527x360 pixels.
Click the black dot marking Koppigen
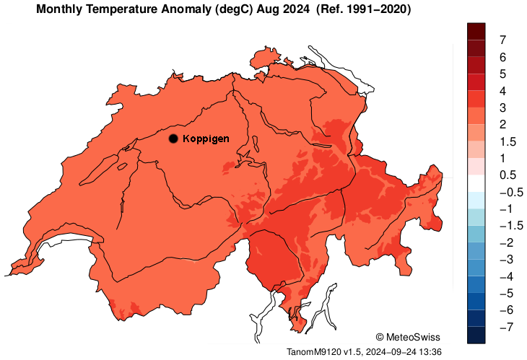pyautogui.click(x=173, y=139)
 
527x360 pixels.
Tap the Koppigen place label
pyautogui.click(x=206, y=139)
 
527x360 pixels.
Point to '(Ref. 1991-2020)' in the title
pyautogui.click(x=364, y=9)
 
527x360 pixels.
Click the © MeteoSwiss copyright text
pyautogui.click(x=408, y=337)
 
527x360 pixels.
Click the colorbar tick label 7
pyautogui.click(x=502, y=40)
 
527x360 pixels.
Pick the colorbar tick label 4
pyautogui.click(x=502, y=91)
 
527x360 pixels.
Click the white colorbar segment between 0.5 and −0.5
pyautogui.click(x=476, y=183)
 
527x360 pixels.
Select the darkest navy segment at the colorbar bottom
pyautogui.click(x=476, y=335)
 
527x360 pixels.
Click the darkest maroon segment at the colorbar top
pyautogui.click(x=476, y=31)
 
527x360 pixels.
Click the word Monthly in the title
pyautogui.click(x=59, y=9)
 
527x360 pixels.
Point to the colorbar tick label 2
pyautogui.click(x=502, y=125)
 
